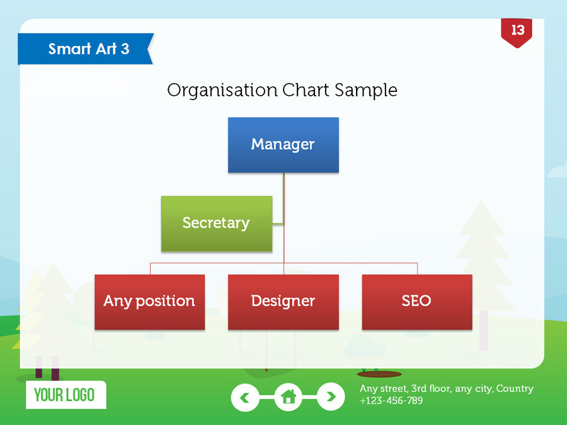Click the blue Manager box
coord(283,145)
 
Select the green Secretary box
coord(216,224)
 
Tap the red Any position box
coord(149,302)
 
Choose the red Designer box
coord(283,302)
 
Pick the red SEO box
coord(416,302)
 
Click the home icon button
coord(288,397)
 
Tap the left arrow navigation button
coord(245,397)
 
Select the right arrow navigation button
coord(331,397)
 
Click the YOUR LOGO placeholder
coord(66,395)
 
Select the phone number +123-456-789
coord(391,400)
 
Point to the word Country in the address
coord(515,388)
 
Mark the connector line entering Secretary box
coord(278,223)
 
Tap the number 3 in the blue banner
coord(125,49)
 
